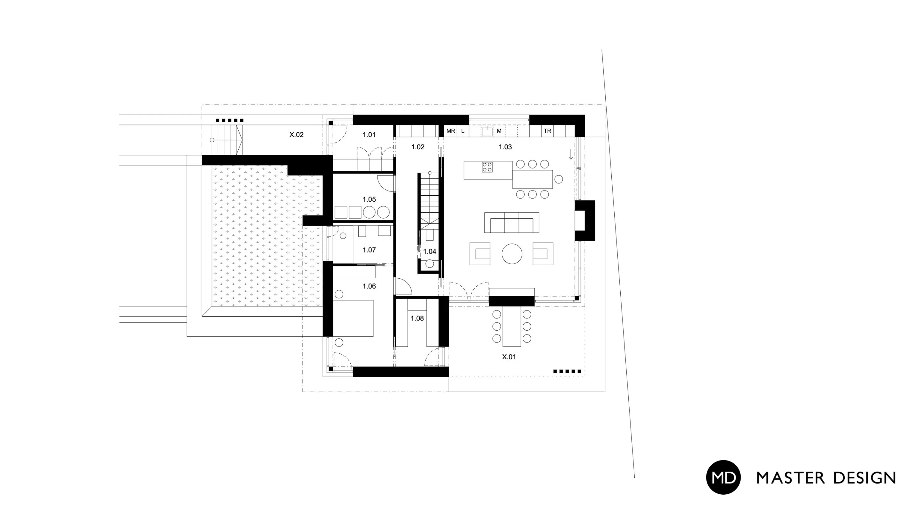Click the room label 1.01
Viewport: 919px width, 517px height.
(369, 135)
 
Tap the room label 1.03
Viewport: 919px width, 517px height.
(505, 147)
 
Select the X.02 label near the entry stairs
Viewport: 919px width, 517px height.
(296, 135)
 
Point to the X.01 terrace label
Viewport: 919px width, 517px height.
(509, 357)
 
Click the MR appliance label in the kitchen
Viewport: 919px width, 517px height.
(451, 131)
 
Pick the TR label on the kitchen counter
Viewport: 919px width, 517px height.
(547, 131)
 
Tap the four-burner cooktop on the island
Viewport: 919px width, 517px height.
(487, 167)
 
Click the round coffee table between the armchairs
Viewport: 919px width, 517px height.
(512, 254)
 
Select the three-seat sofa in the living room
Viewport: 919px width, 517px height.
(512, 223)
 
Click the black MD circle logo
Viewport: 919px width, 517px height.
(723, 477)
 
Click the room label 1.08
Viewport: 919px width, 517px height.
(417, 318)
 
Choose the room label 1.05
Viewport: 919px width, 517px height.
(369, 199)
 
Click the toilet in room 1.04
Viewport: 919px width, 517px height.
(430, 264)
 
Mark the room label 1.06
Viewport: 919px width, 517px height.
(369, 286)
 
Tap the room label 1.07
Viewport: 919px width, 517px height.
(369, 250)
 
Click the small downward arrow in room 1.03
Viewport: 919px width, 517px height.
(571, 154)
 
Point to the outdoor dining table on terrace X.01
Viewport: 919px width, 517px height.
(512, 326)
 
